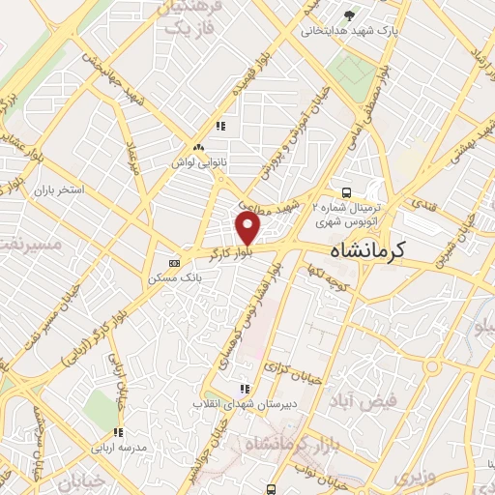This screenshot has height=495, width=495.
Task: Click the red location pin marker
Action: [x=249, y=228]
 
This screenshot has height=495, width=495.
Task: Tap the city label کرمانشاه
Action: [x=357, y=249]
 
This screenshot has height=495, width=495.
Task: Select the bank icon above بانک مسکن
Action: [x=174, y=263]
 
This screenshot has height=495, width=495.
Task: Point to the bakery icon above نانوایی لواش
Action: [x=197, y=147]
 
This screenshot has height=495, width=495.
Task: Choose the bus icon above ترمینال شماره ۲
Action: [x=346, y=192]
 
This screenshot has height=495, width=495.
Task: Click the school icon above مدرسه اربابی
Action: [x=118, y=433]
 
